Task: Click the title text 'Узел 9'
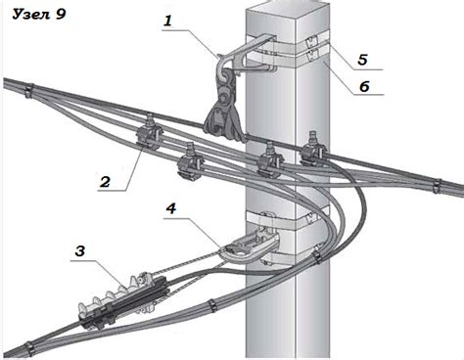click(x=39, y=15)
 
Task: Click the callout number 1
click(x=167, y=21)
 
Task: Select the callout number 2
click(x=105, y=182)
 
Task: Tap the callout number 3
click(x=80, y=251)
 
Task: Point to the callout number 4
click(x=171, y=208)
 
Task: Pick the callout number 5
click(x=363, y=60)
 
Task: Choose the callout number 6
click(x=364, y=86)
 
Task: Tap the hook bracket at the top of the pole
click(x=244, y=56)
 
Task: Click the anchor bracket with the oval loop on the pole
click(x=252, y=247)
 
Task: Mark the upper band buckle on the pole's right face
click(x=310, y=42)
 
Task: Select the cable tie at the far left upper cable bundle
click(x=29, y=91)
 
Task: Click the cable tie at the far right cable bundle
click(x=437, y=186)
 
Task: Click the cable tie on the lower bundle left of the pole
click(x=212, y=306)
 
